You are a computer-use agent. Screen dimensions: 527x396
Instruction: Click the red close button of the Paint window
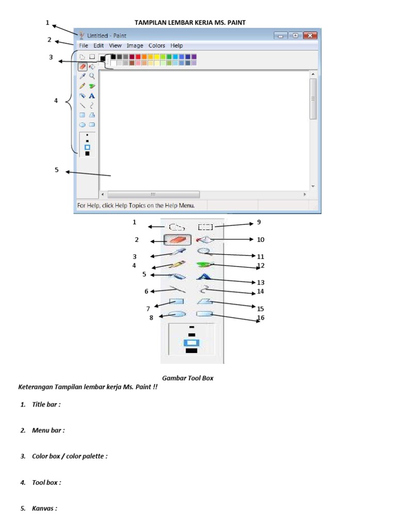pos(309,36)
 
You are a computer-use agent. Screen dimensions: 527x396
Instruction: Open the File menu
pos(84,45)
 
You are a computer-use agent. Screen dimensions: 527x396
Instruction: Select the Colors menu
pos(157,45)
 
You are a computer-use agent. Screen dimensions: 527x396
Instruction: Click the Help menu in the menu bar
pos(177,45)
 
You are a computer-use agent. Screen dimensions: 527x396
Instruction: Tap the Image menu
pos(135,45)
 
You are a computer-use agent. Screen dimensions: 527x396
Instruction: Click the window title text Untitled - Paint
pos(107,36)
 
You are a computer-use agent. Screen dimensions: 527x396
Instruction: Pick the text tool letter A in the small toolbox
pos(92,96)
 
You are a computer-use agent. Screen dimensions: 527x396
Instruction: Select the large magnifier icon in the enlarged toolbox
pos(205,251)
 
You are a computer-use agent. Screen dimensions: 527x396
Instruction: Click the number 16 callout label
pos(260,318)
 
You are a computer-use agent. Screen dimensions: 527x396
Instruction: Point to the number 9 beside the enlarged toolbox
pos(259,222)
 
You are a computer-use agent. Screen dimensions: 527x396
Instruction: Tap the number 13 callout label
pos(260,283)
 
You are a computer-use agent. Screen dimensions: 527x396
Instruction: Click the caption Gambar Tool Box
pos(188,378)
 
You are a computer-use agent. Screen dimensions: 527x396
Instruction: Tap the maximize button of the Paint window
pos(295,36)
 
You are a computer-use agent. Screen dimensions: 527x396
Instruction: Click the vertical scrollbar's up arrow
pos(312,74)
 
